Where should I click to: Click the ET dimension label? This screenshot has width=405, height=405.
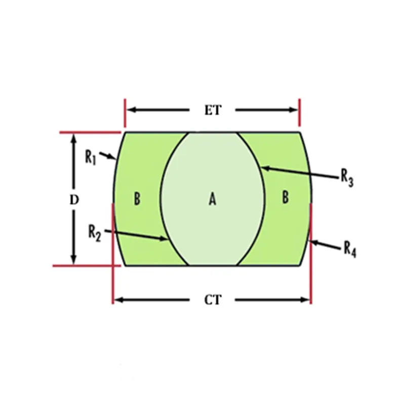[x=213, y=110]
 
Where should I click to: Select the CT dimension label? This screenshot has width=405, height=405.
[x=213, y=300]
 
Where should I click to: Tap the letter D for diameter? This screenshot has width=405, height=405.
[x=74, y=200]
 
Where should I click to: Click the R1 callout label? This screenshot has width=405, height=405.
[x=91, y=156]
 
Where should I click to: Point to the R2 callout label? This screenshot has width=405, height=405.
[x=95, y=232]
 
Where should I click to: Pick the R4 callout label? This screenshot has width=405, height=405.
[x=350, y=249]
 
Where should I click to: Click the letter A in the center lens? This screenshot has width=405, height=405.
[x=213, y=200]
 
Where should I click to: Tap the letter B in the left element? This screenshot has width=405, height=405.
[x=137, y=199]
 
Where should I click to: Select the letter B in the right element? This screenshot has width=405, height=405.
[x=286, y=197]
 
